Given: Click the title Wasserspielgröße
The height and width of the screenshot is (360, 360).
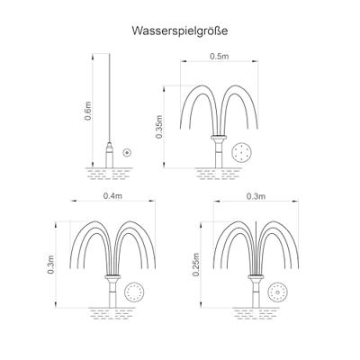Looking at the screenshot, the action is [180, 31].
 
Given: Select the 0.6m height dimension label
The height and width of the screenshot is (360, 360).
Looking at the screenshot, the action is [87, 111].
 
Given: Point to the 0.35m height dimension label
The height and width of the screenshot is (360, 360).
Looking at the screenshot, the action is [158, 127].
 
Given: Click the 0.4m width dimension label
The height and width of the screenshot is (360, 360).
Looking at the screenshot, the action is [112, 195].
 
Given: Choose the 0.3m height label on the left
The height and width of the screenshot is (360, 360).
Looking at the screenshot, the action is [50, 265].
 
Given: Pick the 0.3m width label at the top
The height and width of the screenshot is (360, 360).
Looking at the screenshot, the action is [256, 196].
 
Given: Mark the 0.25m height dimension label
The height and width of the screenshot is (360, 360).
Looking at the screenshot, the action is [196, 265].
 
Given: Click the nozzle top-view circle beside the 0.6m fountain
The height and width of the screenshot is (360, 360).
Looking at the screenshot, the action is [127, 153].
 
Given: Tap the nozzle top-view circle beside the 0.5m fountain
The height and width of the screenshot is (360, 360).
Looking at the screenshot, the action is [241, 153].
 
